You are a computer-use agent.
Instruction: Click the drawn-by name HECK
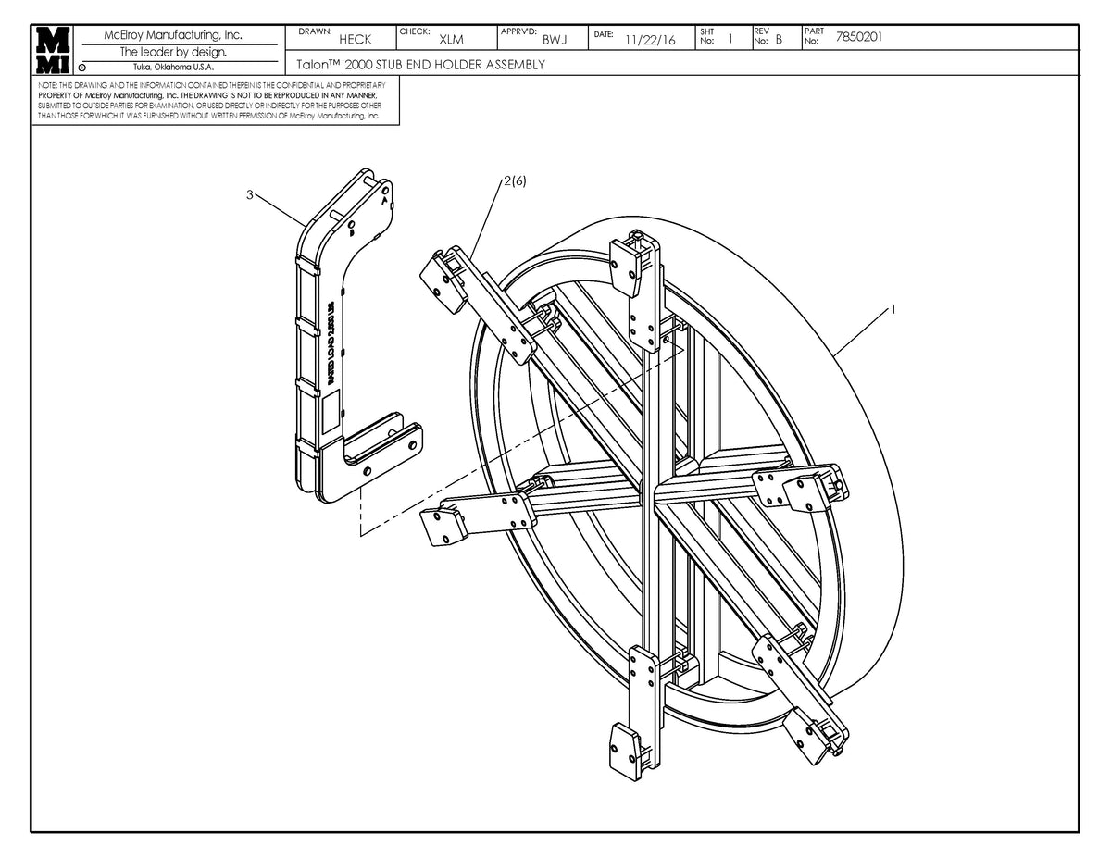[x=355, y=40]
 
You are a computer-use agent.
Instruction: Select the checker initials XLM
[x=451, y=40]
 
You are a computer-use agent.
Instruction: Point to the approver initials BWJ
[x=555, y=40]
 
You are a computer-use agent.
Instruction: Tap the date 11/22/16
[x=650, y=40]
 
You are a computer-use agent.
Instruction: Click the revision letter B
[x=779, y=40]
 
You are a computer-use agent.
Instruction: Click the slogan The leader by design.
[x=173, y=52]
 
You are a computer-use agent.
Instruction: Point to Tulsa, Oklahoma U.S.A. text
[x=174, y=67]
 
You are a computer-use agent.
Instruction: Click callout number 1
[x=892, y=310]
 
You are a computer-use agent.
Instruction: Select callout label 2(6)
[x=515, y=181]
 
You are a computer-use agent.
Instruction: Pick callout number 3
[x=250, y=194]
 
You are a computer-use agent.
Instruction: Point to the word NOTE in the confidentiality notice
[x=47, y=85]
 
